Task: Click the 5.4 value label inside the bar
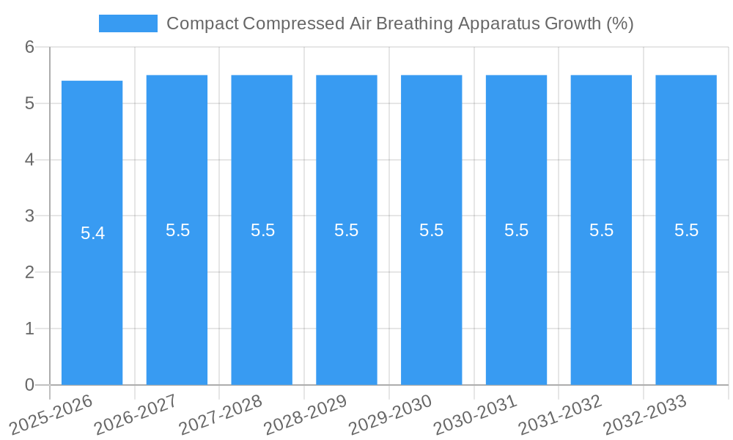click(92, 233)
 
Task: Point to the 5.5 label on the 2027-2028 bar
click(262, 230)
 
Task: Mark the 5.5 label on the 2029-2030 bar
click(432, 230)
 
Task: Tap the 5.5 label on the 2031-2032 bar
click(601, 230)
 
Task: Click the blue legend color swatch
click(128, 23)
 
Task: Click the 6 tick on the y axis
click(29, 47)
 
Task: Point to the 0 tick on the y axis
click(29, 385)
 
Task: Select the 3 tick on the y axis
click(29, 216)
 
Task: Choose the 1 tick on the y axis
click(29, 329)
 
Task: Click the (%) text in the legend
click(620, 23)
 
